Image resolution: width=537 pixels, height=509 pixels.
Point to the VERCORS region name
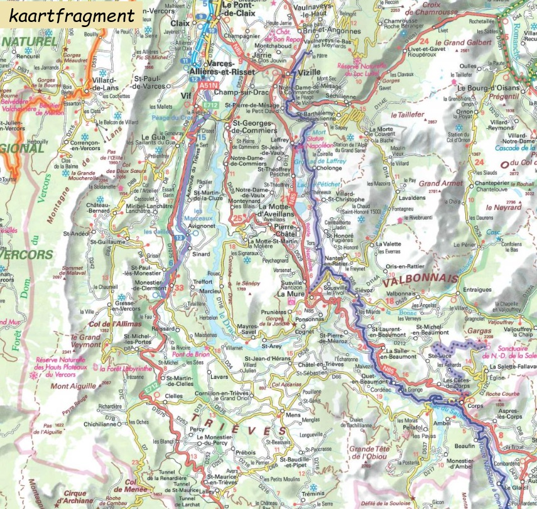point(25,255)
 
